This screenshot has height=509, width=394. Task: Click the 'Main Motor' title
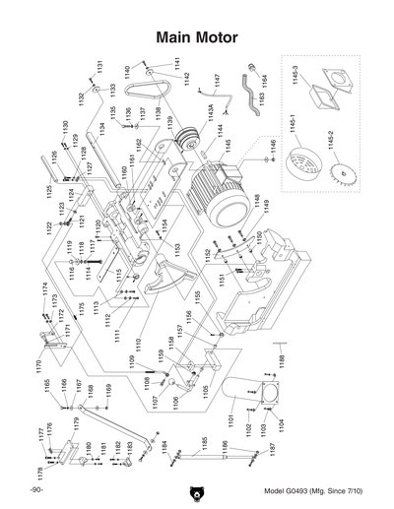pyautogui.click(x=196, y=36)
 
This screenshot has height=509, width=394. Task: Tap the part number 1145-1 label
pyautogui.click(x=293, y=128)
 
